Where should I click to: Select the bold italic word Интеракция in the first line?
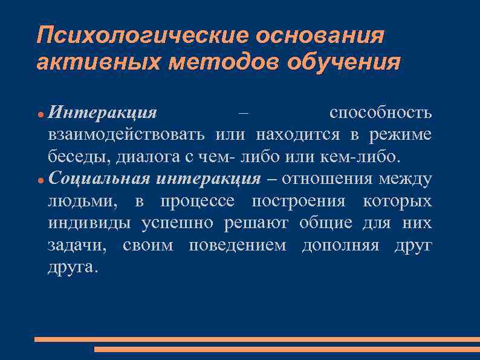102,113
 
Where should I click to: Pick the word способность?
380,113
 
